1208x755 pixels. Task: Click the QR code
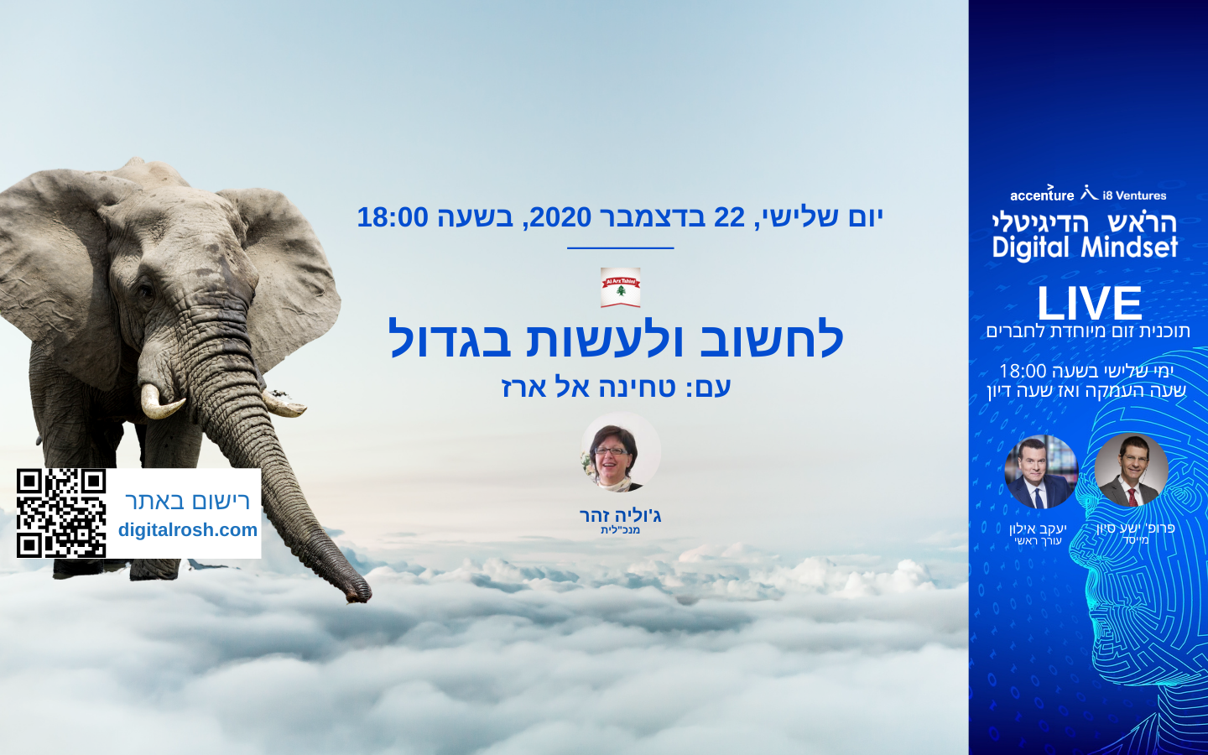tap(61, 513)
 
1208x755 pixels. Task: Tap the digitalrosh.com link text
tap(188, 530)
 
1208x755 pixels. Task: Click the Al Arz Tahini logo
tap(620, 288)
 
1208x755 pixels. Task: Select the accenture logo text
tap(1042, 194)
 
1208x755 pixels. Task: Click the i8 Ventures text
tap(1134, 195)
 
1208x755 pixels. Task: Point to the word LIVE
tap(1090, 303)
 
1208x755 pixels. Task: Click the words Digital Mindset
tap(1085, 248)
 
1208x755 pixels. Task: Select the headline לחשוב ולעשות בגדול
tap(616, 338)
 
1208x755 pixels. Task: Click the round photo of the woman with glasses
tap(620, 452)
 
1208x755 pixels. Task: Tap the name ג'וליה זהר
tap(620, 516)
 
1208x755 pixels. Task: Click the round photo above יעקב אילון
tap(1041, 471)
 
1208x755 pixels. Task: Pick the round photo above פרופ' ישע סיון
tap(1132, 471)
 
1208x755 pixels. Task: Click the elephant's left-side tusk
tap(160, 402)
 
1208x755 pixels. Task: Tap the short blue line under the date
tap(620, 248)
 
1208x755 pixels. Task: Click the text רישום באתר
tap(187, 501)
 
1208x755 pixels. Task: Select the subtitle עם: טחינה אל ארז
tap(616, 387)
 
